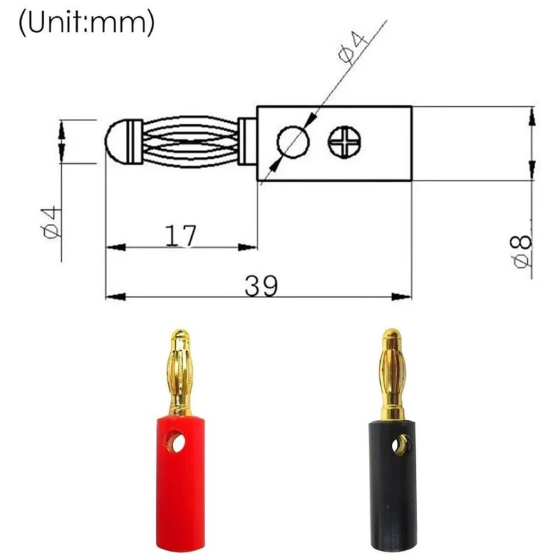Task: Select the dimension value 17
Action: tap(181, 236)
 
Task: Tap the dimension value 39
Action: tap(261, 285)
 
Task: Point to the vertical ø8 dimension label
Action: tap(522, 251)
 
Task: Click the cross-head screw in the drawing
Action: tap(346, 143)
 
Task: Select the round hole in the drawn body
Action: tap(293, 143)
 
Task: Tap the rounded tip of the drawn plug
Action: tap(117, 141)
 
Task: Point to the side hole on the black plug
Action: tap(402, 444)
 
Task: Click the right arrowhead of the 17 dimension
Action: tap(249, 247)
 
